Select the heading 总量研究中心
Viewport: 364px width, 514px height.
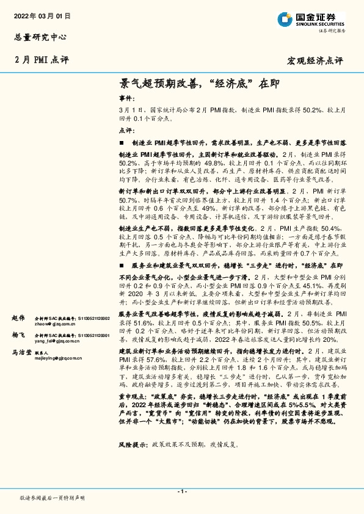38,37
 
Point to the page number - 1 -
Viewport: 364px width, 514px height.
182,491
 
